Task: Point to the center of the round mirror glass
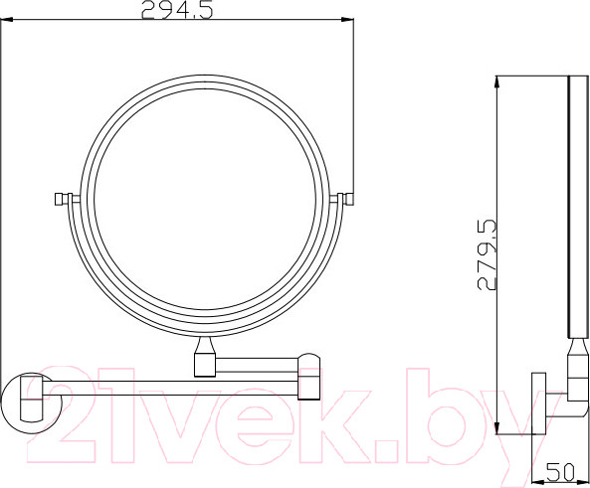point(203,204)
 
